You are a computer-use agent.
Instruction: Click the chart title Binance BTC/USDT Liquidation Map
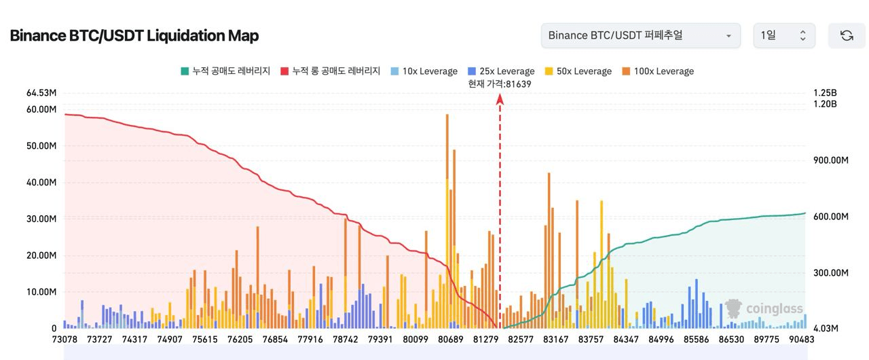click(134, 35)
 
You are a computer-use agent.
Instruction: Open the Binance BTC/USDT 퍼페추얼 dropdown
click(640, 35)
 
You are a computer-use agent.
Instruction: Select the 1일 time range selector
click(784, 35)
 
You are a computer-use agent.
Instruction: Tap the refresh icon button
click(847, 35)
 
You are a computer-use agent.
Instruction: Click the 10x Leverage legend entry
click(423, 71)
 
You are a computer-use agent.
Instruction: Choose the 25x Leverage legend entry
click(500, 71)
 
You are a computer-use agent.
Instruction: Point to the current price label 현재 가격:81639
click(500, 84)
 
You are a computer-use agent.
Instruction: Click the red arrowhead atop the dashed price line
click(500, 99)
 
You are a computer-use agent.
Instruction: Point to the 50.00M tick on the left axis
click(40, 146)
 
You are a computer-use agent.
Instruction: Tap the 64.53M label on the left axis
click(40, 93)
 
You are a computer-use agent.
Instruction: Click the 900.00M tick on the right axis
click(831, 160)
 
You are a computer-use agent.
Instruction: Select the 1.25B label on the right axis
click(825, 93)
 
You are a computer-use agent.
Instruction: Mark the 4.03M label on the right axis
click(826, 329)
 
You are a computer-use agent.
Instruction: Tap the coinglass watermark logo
click(764, 309)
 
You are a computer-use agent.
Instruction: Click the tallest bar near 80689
click(447, 217)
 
